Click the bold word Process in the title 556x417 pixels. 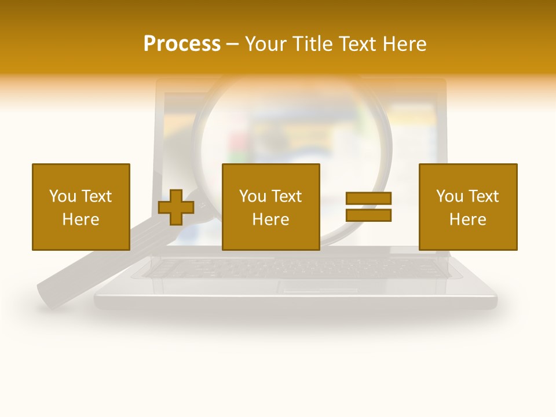click(182, 44)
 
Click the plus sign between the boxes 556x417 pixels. click(176, 207)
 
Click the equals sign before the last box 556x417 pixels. click(368, 207)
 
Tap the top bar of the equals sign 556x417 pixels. click(368, 199)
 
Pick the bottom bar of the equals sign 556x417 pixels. click(368, 215)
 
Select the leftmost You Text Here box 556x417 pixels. click(81, 207)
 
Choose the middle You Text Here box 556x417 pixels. click(270, 207)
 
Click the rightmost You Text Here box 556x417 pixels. click(468, 207)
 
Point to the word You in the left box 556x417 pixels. click(63, 196)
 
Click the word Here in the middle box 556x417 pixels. click(270, 220)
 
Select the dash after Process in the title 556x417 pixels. click(232, 44)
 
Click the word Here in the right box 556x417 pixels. click(468, 220)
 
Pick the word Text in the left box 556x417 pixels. click(96, 196)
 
